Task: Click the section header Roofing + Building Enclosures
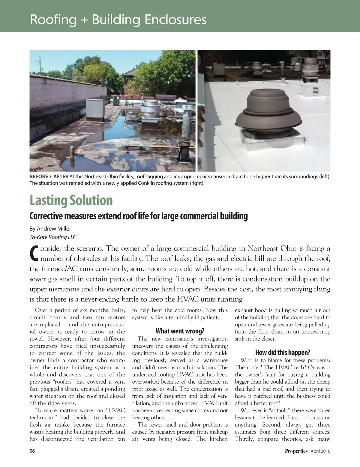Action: (118, 20)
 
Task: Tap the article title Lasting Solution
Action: (71, 200)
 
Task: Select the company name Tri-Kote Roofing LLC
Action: (53, 237)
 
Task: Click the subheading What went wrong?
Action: (180, 331)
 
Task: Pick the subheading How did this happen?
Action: (282, 352)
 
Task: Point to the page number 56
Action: (32, 451)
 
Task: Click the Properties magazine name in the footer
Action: (296, 451)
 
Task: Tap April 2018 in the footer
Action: (320, 451)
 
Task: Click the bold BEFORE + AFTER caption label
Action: (49, 176)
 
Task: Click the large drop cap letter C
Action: (34, 253)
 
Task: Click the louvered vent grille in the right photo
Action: (316, 91)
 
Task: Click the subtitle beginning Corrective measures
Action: (138, 216)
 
